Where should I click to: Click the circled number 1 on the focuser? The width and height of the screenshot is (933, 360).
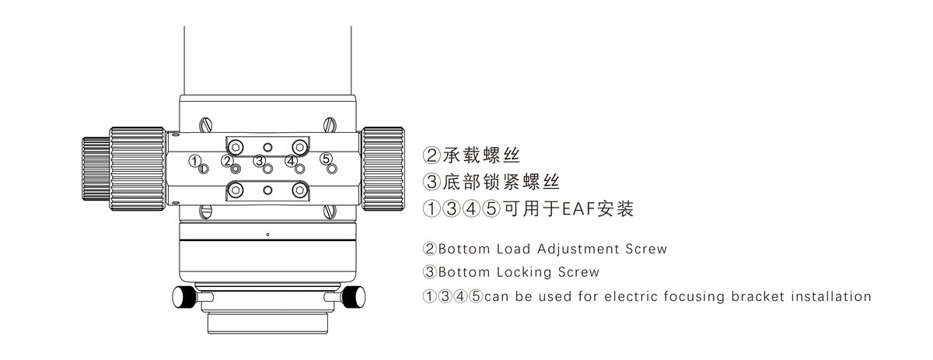(x=194, y=159)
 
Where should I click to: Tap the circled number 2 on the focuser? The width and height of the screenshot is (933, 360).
(x=226, y=160)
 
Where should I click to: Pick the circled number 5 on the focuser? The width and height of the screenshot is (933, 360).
(x=326, y=159)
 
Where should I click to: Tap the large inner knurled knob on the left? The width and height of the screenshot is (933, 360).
(x=137, y=166)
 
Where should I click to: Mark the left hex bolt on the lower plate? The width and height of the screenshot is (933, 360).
(x=236, y=189)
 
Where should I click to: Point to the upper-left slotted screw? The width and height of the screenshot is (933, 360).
(x=206, y=123)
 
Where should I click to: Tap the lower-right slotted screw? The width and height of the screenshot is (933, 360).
(x=330, y=210)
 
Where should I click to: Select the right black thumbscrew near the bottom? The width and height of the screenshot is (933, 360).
(x=353, y=296)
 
